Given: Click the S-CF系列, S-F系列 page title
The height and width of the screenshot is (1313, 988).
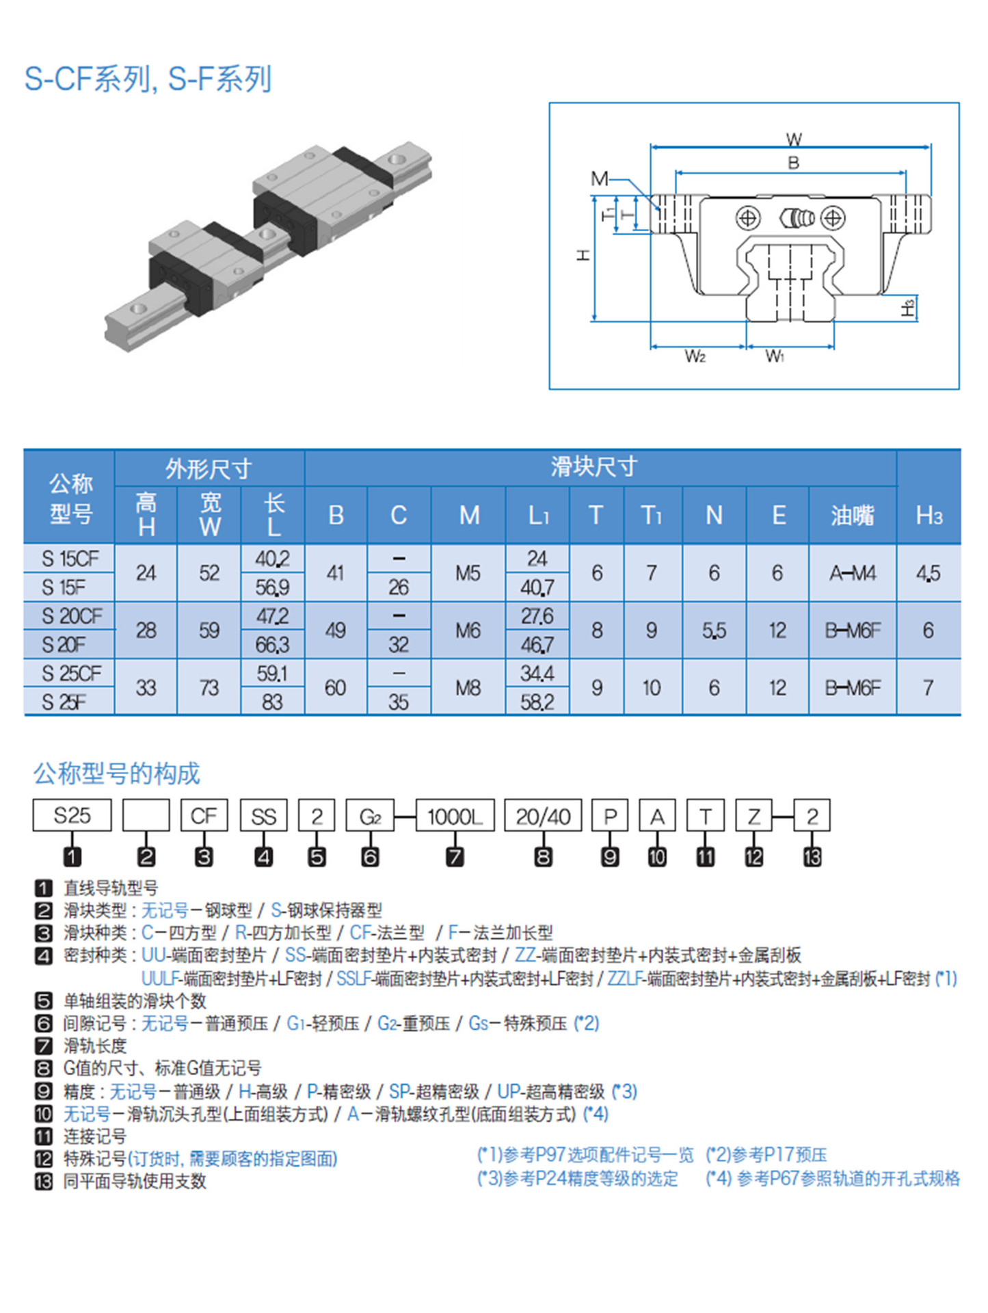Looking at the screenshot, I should pyautogui.click(x=148, y=79).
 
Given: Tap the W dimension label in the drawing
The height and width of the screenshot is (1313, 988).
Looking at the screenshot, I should pyautogui.click(x=793, y=139).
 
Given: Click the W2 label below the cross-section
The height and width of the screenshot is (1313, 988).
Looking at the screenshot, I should pyautogui.click(x=695, y=356).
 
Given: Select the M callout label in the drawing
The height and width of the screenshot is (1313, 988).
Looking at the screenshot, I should pyautogui.click(x=599, y=179).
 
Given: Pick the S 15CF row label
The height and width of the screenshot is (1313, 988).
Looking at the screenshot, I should pyautogui.click(x=70, y=559).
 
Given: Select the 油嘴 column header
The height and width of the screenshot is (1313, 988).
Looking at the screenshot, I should pyautogui.click(x=852, y=515).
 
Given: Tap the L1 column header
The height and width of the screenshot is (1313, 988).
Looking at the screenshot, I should pyautogui.click(x=538, y=515).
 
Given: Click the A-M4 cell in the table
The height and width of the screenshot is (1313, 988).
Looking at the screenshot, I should pyautogui.click(x=852, y=573).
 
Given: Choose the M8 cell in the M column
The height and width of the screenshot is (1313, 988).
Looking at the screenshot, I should pyautogui.click(x=468, y=687).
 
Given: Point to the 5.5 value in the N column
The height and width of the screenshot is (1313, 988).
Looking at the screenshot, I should pyautogui.click(x=714, y=631).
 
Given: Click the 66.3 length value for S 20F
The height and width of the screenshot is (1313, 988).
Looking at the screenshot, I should pyautogui.click(x=272, y=645).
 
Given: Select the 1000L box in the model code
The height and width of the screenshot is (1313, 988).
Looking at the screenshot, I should pyautogui.click(x=455, y=816).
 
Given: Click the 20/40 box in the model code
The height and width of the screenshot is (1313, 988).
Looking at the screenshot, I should pyautogui.click(x=543, y=816).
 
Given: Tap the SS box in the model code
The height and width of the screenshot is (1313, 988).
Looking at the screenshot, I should pyautogui.click(x=263, y=816).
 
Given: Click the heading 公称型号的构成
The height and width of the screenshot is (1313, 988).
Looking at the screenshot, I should pyautogui.click(x=117, y=773).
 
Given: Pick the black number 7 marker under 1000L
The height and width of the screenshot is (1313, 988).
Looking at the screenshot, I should pyautogui.click(x=455, y=857).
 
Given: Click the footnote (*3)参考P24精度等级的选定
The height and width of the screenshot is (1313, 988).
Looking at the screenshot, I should pyautogui.click(x=578, y=1178).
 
